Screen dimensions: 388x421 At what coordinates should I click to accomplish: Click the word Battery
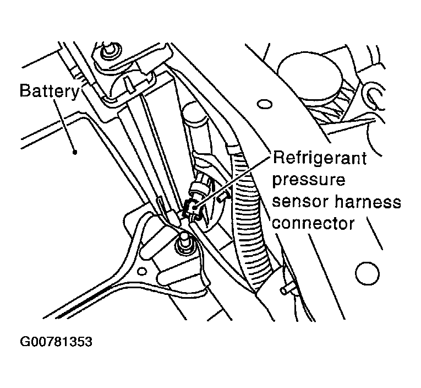point(49,91)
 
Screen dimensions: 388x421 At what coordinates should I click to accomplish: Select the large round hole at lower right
point(365,272)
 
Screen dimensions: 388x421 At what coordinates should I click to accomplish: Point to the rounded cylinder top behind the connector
point(194,118)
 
